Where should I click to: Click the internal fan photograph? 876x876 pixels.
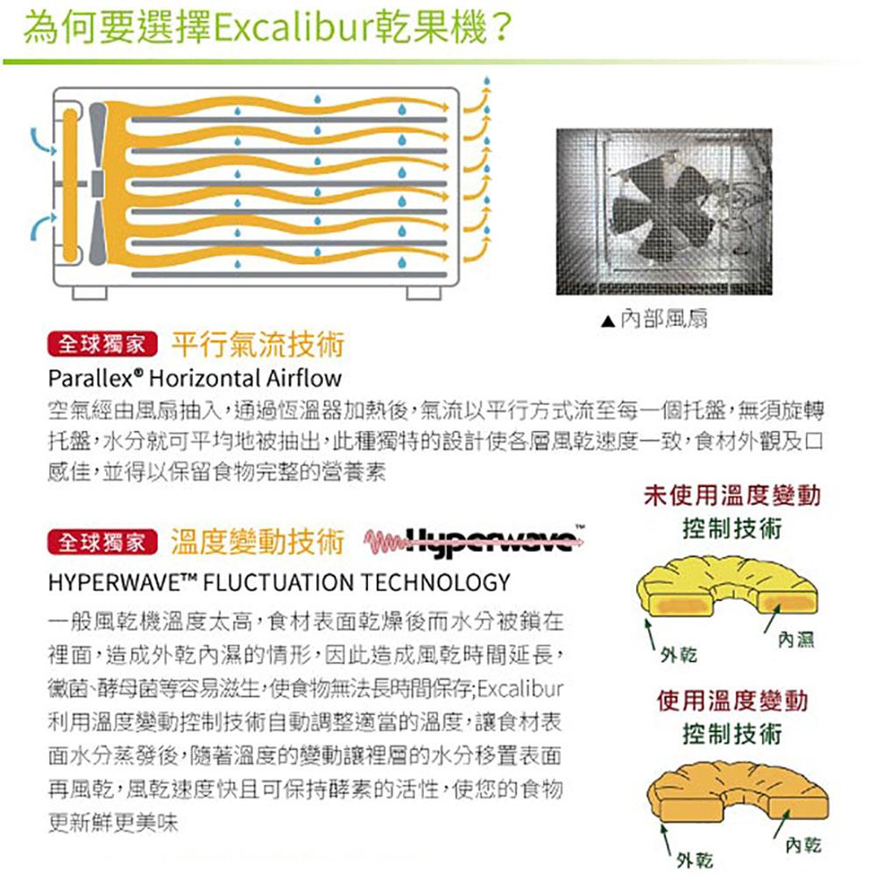point(664,213)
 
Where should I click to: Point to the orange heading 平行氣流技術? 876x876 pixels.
point(258,345)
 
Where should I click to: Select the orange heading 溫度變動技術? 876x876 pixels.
point(258,543)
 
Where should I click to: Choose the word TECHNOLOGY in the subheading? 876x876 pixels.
point(443,582)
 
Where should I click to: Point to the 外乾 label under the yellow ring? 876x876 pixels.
point(679,656)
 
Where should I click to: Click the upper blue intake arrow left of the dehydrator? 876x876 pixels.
point(37,140)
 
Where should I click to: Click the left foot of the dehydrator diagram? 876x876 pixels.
point(89,291)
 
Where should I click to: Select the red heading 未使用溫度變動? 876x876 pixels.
point(732,497)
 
